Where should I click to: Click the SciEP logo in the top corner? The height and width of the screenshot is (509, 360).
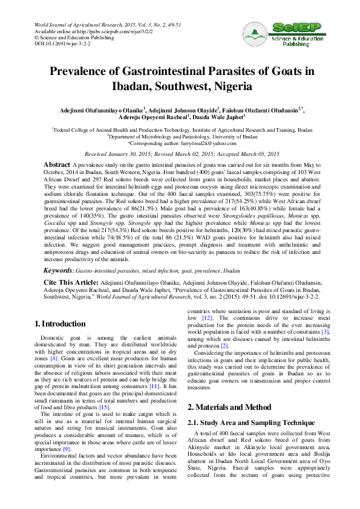point(295,34)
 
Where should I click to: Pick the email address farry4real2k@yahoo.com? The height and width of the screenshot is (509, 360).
point(208,143)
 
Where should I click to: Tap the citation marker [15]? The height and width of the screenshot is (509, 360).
point(104,407)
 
